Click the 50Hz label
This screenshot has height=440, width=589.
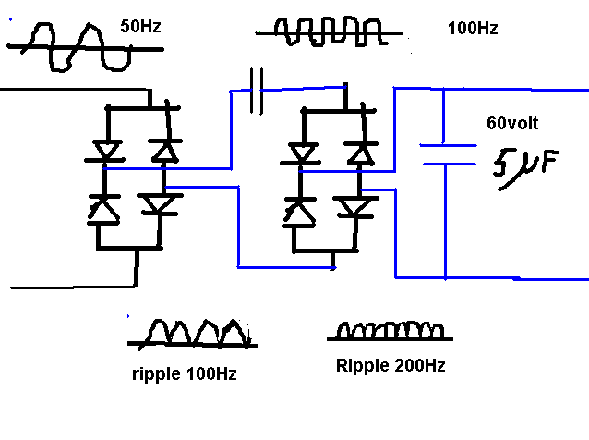pos(140,26)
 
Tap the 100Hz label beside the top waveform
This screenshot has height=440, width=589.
pos(473,29)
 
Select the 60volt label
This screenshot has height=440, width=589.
pos(512,123)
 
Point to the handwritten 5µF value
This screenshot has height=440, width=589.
pos(526,168)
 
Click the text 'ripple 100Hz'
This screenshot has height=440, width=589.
pos(185,374)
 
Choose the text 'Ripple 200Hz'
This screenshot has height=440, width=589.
pos(391,365)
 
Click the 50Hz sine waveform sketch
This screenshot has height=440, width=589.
pos(86,47)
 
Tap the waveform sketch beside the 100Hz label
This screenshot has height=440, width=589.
pos(330,31)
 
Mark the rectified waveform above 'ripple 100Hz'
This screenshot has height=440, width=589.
pos(192,335)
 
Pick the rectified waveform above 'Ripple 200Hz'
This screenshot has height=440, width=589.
pos(390,331)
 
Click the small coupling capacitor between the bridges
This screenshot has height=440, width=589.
pos(257,91)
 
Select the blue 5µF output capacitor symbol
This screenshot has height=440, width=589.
pos(448,154)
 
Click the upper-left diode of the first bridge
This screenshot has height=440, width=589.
pos(107,152)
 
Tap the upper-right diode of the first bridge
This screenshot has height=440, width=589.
pos(165,152)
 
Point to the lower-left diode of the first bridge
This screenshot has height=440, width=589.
pos(103,210)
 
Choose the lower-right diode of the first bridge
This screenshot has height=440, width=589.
pos(160,205)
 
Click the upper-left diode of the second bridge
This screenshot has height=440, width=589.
pos(301,154)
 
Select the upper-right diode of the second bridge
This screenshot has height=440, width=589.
pos(361,154)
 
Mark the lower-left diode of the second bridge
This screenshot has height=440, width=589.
pos(299,213)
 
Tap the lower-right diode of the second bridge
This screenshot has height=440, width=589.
pos(355,208)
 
